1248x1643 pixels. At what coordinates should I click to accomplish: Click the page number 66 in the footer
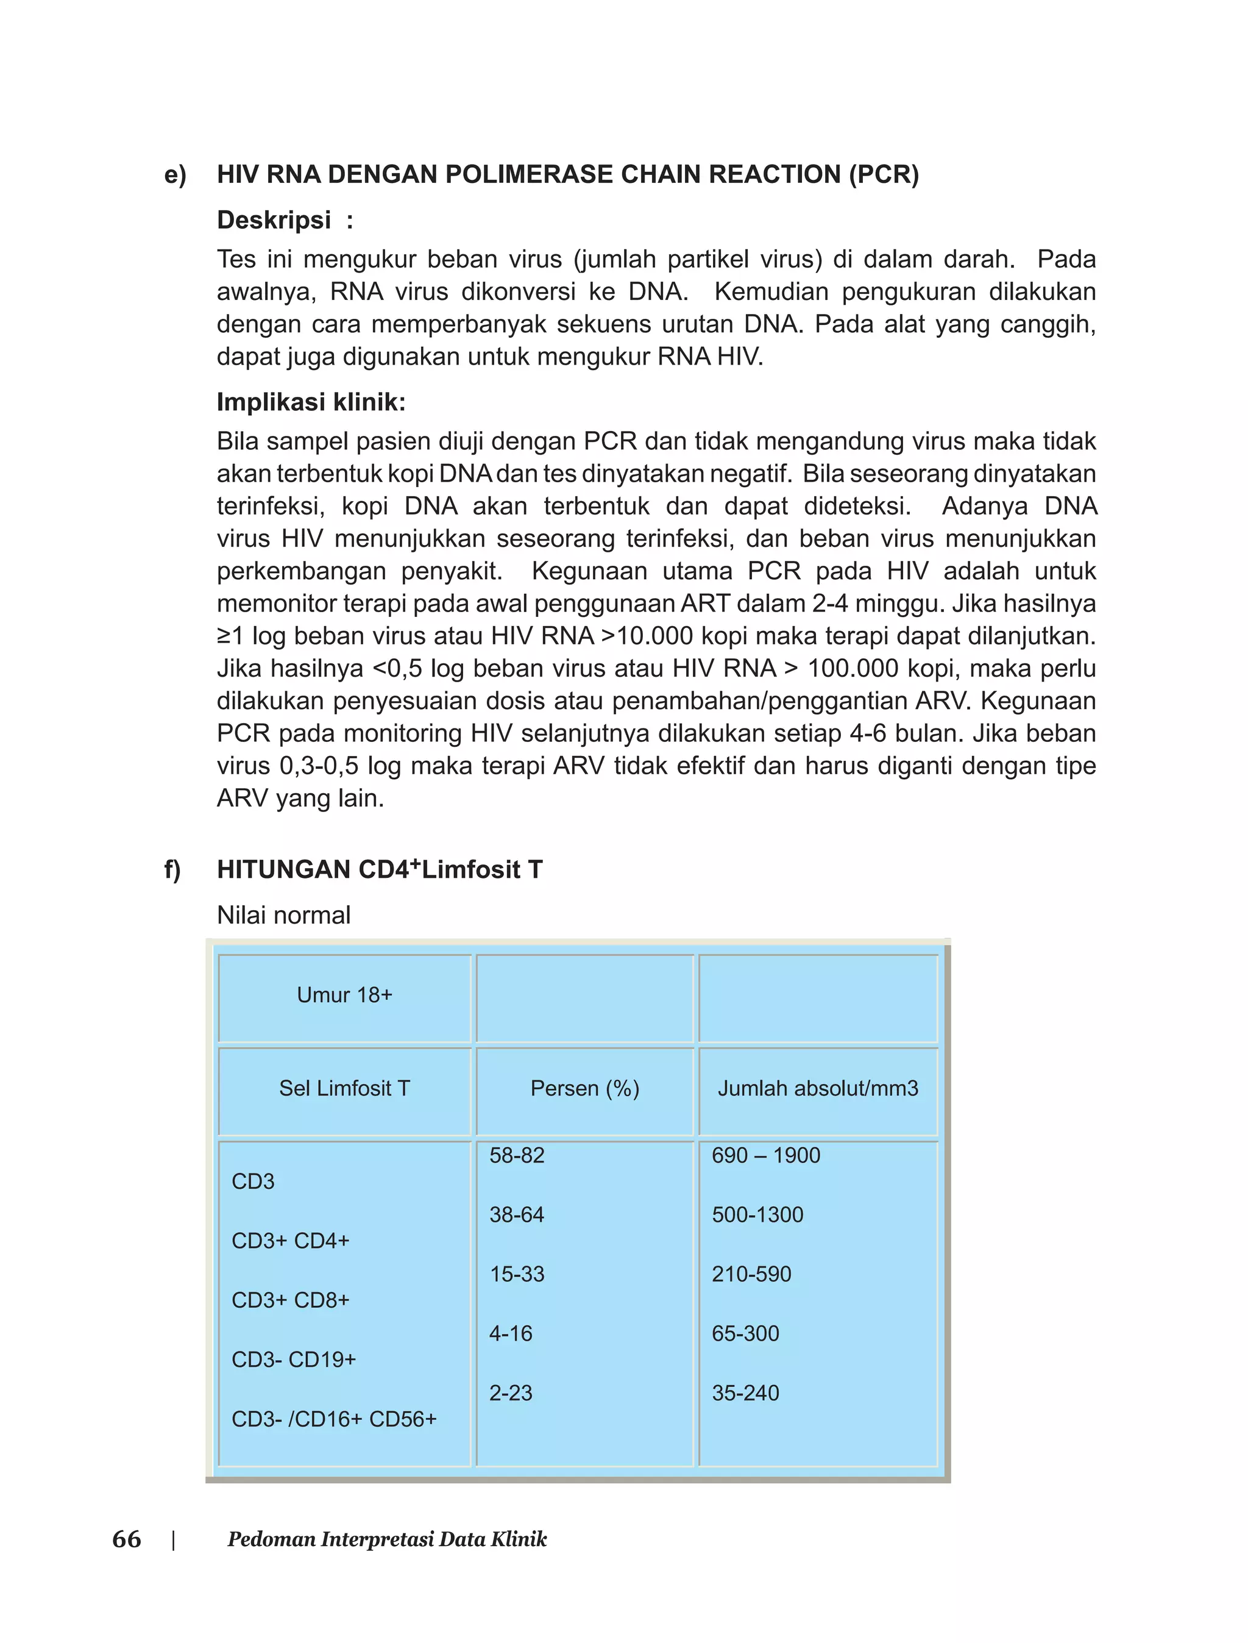tap(126, 1539)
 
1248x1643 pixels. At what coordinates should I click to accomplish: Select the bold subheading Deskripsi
tap(274, 220)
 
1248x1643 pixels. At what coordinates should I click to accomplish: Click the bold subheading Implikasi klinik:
tap(311, 402)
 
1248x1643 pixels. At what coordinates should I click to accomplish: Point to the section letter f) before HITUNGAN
tap(172, 869)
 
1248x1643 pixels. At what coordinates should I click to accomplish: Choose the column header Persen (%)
tap(584, 1089)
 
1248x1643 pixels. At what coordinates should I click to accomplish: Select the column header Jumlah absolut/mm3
tap(818, 1089)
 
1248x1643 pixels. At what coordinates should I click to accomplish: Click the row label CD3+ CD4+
tap(291, 1241)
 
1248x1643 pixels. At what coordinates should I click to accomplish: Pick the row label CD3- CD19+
tap(294, 1360)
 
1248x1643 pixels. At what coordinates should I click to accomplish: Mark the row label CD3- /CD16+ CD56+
tap(335, 1419)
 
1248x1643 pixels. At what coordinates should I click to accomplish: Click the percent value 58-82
tap(517, 1155)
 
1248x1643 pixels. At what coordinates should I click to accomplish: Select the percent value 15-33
tap(517, 1274)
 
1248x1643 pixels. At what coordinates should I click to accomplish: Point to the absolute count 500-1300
tap(757, 1215)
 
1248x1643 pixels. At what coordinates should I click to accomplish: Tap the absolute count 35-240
tap(746, 1393)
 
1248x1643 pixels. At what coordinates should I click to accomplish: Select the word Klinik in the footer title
tap(519, 1539)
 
